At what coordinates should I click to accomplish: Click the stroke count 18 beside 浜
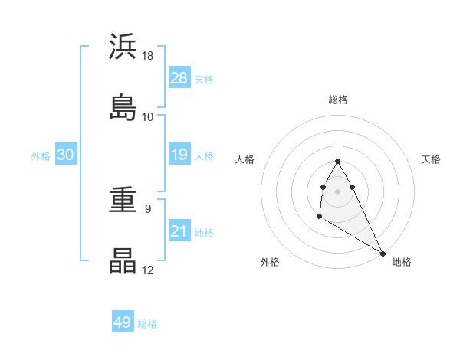coord(148,56)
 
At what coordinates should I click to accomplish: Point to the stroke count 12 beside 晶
coord(148,270)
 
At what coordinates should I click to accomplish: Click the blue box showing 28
coord(179,78)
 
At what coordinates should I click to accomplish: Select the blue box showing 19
coord(179,155)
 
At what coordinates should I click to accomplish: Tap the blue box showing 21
coord(179,231)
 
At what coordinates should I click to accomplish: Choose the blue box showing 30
coord(66,155)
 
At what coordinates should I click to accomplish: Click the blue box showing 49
coord(123,322)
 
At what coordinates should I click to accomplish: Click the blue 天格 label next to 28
coord(204,79)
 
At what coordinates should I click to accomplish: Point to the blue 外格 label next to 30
coord(41,155)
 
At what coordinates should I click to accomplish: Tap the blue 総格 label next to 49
coord(147,324)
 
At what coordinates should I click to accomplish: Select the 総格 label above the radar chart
coord(338,100)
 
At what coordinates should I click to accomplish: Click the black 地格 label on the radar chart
coord(402,262)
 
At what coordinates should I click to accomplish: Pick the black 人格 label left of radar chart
coord(246,159)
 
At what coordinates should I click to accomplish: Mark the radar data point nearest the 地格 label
coord(383,254)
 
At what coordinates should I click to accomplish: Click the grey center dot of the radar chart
coord(337,191)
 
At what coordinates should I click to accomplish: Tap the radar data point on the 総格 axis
coord(337,162)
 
